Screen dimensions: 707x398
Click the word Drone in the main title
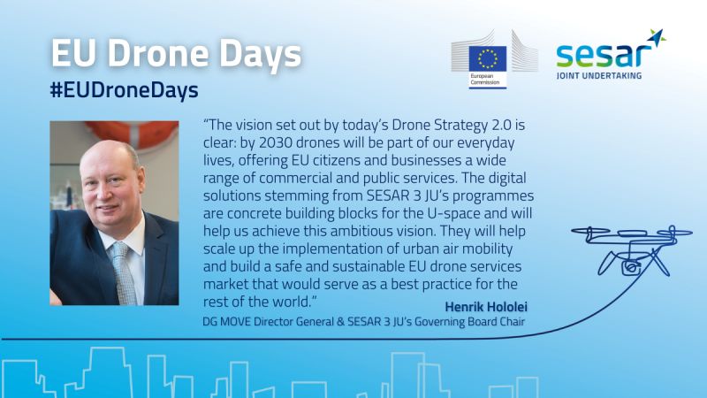(159, 53)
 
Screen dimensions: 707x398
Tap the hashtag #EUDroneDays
(124, 90)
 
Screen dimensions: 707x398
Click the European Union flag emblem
(488, 58)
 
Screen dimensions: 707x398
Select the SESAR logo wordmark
(604, 55)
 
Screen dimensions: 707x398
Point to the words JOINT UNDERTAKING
(599, 75)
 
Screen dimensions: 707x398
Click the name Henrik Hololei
(486, 307)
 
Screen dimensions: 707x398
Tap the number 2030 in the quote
(276, 142)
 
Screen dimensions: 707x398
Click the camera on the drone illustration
(631, 267)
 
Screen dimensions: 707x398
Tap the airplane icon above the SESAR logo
(657, 37)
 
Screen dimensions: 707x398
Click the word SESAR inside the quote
(388, 195)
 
